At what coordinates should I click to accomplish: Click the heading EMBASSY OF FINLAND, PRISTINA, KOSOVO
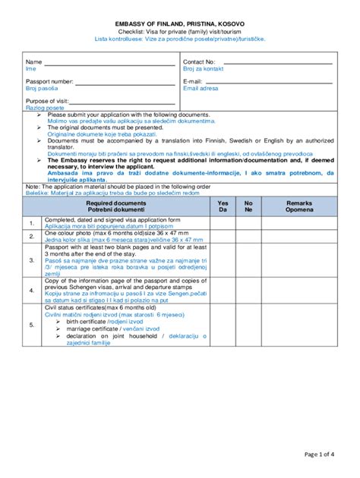(x=180, y=24)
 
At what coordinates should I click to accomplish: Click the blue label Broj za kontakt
(x=203, y=69)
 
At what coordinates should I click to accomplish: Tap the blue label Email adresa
(x=201, y=89)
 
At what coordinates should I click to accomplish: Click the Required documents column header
(x=116, y=207)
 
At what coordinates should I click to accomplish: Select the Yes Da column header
(x=223, y=207)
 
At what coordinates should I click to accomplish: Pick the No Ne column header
(x=248, y=207)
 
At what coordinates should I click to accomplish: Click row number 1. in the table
(x=32, y=223)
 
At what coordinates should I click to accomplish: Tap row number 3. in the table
(x=32, y=259)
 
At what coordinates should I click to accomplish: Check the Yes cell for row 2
(x=223, y=237)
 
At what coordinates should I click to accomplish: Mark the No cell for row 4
(x=248, y=290)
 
